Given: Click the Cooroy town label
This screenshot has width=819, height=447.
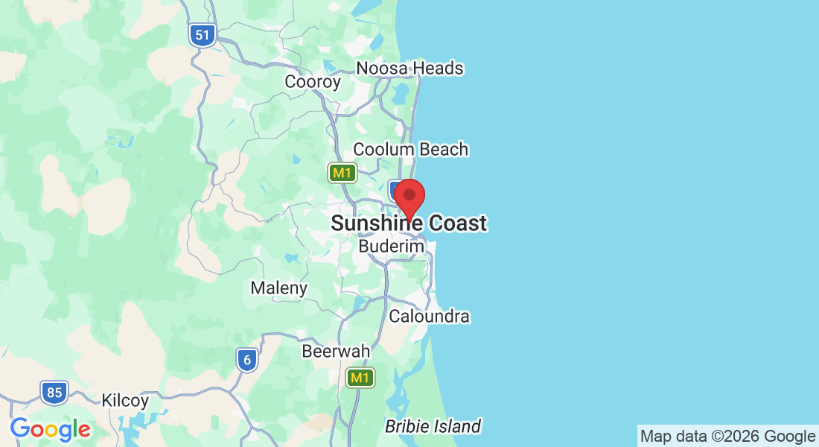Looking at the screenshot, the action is (x=313, y=82).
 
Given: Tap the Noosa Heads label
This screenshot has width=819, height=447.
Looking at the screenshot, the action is (x=409, y=69).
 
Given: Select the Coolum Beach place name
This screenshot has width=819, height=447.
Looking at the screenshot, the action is (x=410, y=149).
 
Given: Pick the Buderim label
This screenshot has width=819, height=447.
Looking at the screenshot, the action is (x=391, y=246).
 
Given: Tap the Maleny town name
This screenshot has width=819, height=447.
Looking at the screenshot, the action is (x=278, y=288).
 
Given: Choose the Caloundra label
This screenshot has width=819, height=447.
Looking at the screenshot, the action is (x=430, y=317).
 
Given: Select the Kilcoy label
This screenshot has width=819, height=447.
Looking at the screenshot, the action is (x=125, y=400).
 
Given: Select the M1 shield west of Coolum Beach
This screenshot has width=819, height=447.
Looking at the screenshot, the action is (x=342, y=174).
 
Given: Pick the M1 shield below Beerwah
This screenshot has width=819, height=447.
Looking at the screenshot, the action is (x=361, y=378).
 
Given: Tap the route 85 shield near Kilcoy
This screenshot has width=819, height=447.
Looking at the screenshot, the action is (x=54, y=393).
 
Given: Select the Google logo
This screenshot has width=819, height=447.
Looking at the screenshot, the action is (x=50, y=429).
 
